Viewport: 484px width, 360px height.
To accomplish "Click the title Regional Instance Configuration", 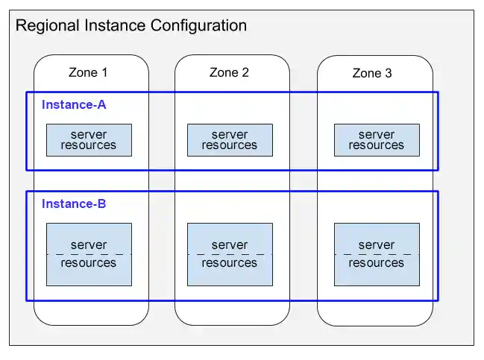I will tap(131, 26).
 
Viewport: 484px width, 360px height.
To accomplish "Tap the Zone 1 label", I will tap(88, 73).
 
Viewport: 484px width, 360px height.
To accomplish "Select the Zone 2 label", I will tap(229, 73).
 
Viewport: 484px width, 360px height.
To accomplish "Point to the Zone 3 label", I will tap(371, 74).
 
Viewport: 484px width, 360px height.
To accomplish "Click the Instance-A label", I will tap(74, 105).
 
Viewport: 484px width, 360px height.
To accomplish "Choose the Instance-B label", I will tap(74, 204).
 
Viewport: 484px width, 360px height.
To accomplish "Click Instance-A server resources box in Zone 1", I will tap(89, 140).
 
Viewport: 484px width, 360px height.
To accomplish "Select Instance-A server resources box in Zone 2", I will tap(230, 140).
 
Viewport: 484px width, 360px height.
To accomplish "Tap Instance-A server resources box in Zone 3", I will tap(377, 140).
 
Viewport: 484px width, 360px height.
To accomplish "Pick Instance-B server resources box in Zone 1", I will tap(89, 254).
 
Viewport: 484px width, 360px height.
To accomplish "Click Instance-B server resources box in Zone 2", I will tap(230, 254).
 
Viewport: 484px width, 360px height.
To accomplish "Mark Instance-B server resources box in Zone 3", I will tap(377, 254).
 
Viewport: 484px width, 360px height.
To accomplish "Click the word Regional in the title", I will tap(45, 26).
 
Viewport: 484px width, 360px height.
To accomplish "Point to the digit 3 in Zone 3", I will tap(388, 74).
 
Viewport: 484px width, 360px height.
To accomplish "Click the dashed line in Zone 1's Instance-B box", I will tap(89, 255).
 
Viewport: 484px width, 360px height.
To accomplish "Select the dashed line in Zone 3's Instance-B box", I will tap(377, 255).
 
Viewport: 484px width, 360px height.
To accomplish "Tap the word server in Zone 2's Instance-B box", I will tap(230, 245).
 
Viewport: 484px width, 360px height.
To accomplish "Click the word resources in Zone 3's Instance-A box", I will tap(377, 145).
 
